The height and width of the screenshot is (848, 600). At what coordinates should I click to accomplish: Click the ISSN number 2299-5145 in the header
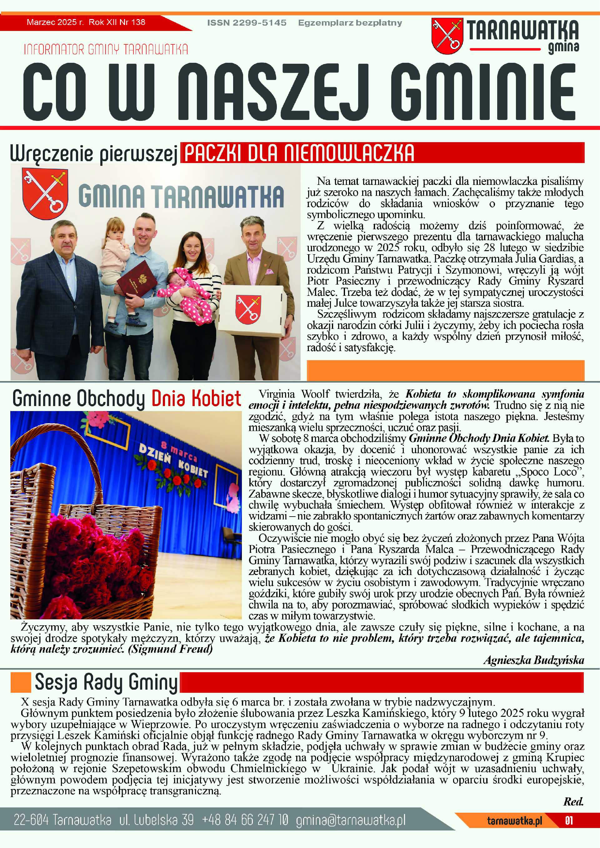(x=247, y=22)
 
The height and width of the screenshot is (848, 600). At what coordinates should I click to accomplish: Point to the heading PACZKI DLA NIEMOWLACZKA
(x=299, y=153)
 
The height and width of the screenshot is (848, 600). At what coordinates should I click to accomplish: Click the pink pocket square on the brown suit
(x=270, y=272)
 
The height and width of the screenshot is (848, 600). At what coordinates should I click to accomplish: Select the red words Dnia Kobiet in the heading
(x=196, y=399)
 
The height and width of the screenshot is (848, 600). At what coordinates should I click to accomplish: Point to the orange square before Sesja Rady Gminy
(x=20, y=682)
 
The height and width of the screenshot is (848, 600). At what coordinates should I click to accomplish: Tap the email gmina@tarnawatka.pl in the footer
(x=351, y=820)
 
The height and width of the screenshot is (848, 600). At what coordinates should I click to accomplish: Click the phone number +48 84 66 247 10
(x=245, y=820)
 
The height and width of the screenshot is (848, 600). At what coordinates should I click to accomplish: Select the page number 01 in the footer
(x=569, y=821)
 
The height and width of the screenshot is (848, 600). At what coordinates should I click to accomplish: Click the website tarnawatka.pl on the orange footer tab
(x=515, y=821)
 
